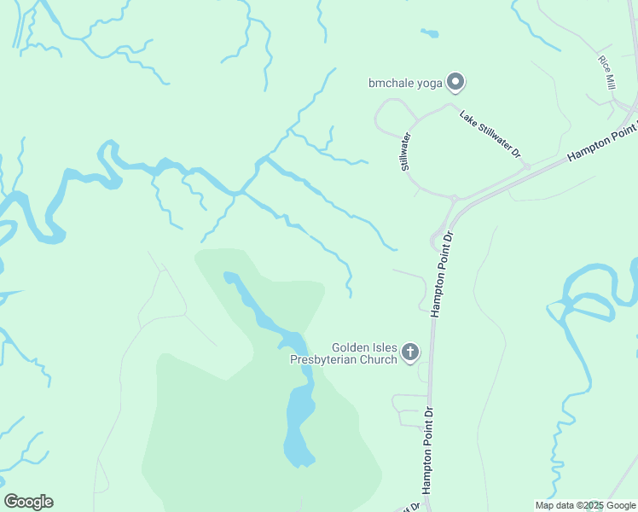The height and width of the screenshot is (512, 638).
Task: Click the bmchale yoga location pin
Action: coord(455,82)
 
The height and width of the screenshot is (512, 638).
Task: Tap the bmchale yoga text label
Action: coord(405,83)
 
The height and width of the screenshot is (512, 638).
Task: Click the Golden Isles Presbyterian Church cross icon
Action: coord(409,351)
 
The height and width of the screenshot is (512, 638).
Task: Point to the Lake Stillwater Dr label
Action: coord(490,135)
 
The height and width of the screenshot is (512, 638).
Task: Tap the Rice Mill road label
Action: coord(607,73)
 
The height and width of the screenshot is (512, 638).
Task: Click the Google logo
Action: coord(28,502)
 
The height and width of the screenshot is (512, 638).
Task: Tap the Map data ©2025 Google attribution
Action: coord(584,505)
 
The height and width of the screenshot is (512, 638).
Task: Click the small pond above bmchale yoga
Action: coord(429,34)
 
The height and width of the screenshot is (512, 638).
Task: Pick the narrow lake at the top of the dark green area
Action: coord(256,307)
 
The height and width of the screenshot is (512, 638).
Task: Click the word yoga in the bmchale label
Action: coord(429,83)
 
